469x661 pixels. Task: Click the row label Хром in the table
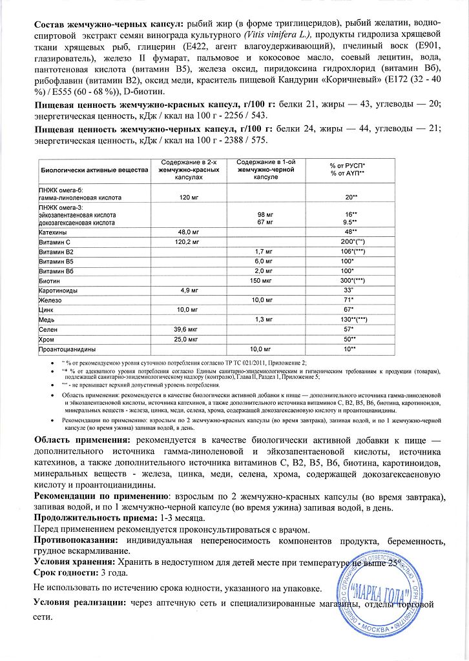coord(48,339)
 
